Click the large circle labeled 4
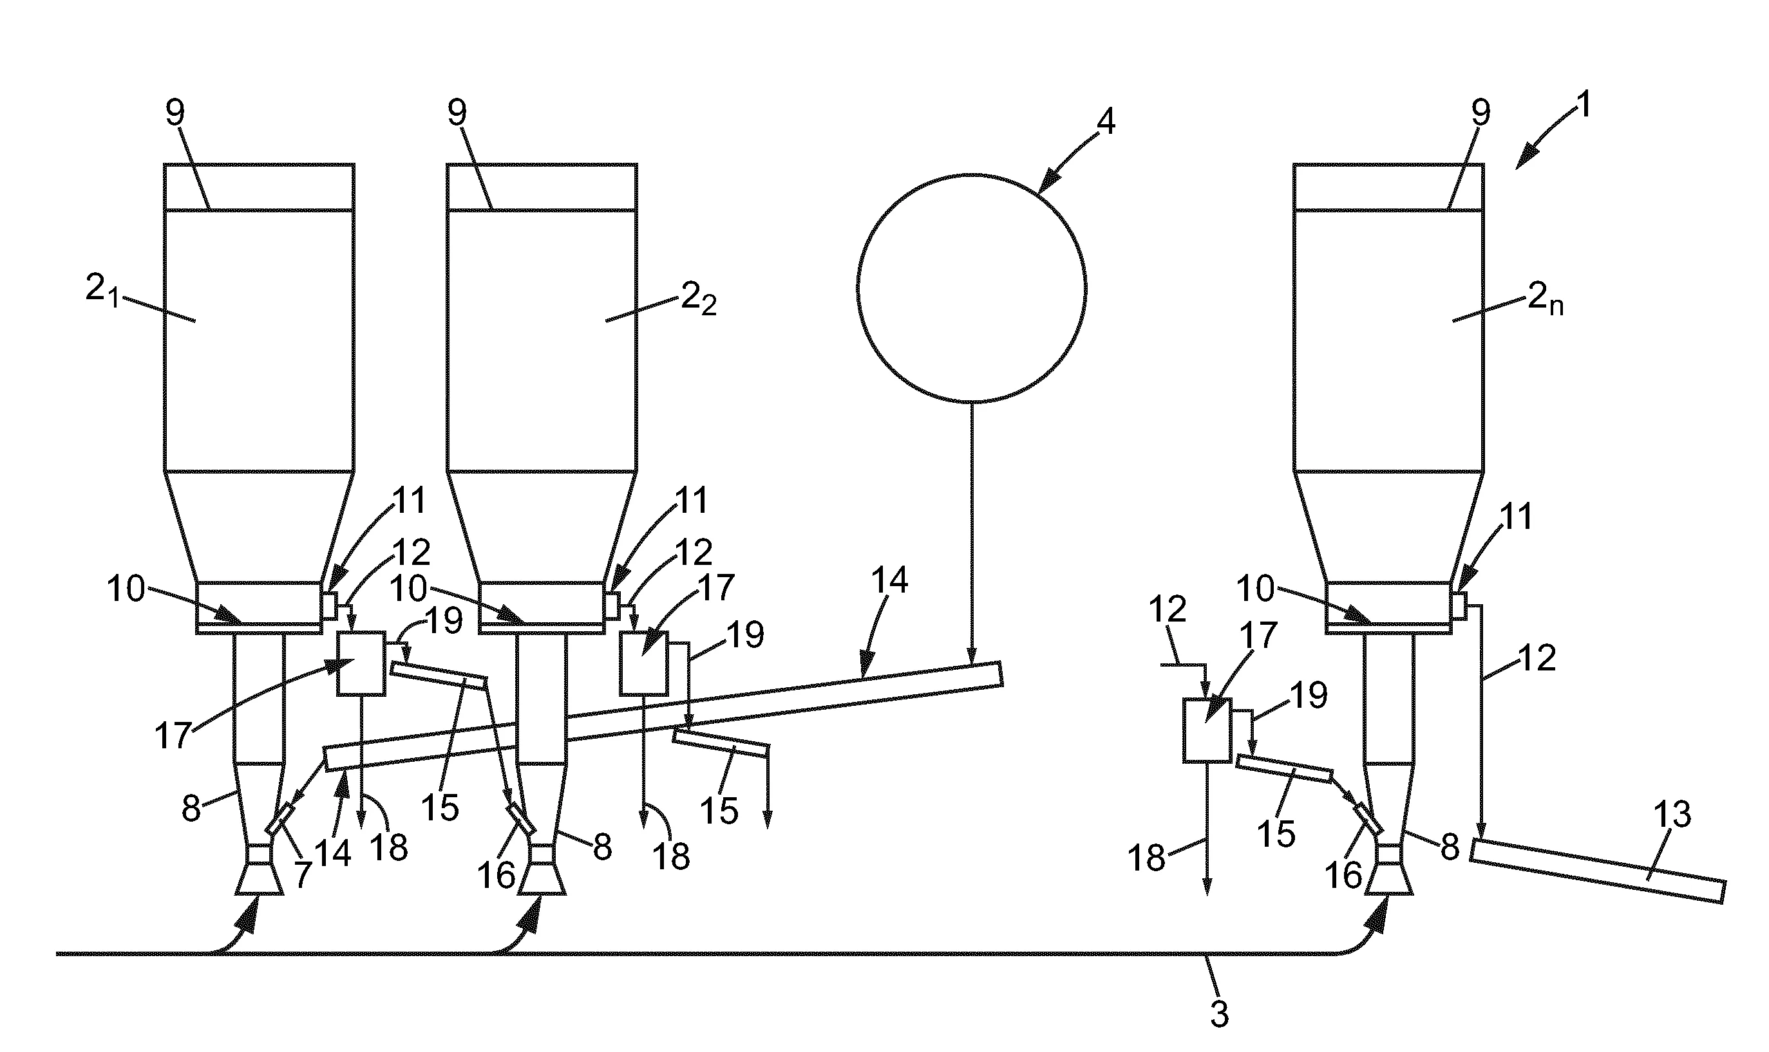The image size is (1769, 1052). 971,288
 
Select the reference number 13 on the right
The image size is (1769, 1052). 1672,816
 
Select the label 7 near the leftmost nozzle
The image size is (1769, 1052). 303,875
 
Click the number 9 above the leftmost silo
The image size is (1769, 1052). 175,112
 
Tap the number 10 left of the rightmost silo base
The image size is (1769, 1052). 1256,588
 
